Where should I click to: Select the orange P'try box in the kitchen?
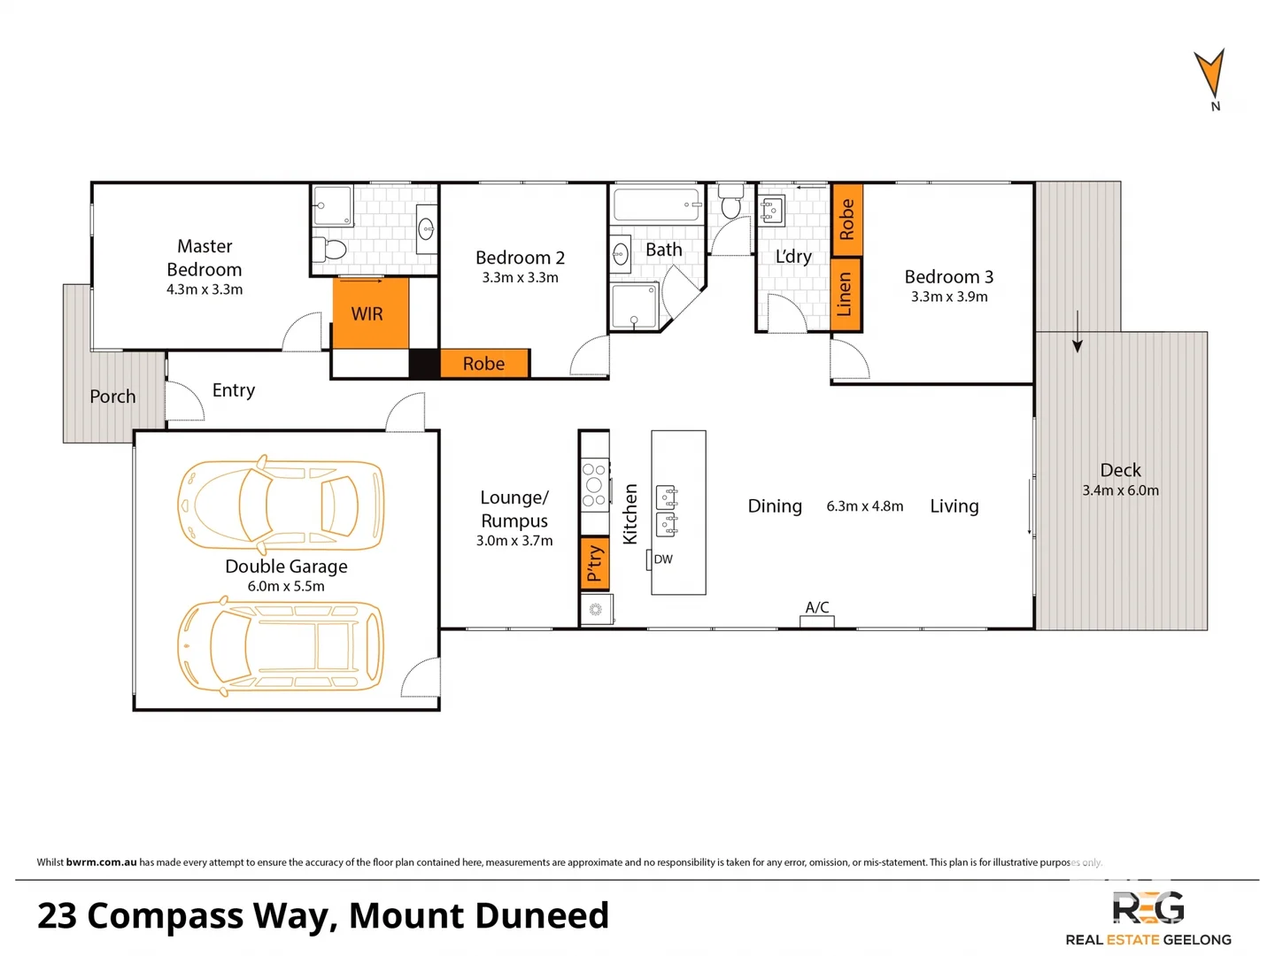[594, 563]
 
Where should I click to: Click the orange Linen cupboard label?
[846, 295]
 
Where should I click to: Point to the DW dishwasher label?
[663, 559]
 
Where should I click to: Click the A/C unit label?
[816, 607]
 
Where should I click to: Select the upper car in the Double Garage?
[282, 503]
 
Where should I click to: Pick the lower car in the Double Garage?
[282, 646]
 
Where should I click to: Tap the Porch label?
[112, 397]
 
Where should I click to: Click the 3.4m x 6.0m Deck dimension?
[1120, 490]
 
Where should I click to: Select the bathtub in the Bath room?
[655, 204]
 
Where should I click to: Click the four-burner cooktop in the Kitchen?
[594, 485]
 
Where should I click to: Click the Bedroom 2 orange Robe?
[484, 364]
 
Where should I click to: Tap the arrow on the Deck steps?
[1078, 333]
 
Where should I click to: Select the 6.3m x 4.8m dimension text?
[864, 506]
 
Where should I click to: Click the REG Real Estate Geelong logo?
[1147, 919]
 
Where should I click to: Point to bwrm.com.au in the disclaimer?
[101, 862]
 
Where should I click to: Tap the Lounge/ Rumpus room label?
[514, 509]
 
